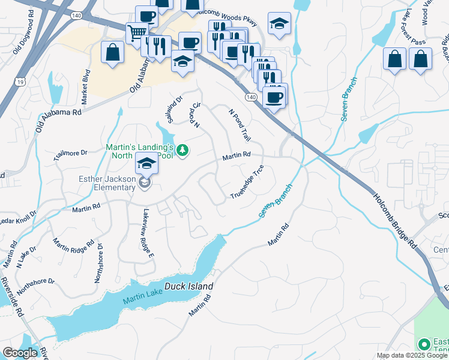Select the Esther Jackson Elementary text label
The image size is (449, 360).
point(107,183)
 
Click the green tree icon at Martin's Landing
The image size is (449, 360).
point(184,150)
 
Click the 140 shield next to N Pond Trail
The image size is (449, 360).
point(251,97)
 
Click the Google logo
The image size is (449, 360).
point(20,353)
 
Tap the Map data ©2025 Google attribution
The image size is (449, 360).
point(411,355)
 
